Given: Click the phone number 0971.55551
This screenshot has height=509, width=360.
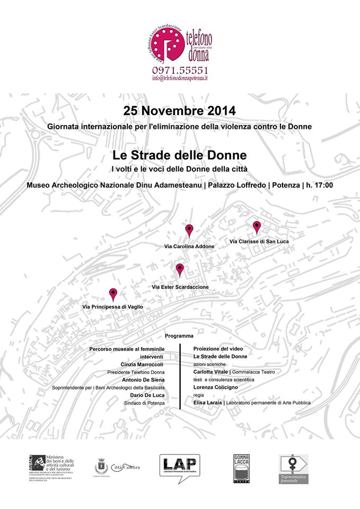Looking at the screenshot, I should (180, 70).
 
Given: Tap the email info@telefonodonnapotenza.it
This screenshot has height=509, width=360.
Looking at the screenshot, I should (180, 78).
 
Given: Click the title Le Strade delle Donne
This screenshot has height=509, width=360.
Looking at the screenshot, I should (179, 156).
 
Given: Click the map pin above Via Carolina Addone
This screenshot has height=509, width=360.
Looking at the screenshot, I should (189, 230).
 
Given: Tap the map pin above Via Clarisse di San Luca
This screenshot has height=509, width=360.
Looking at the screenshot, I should (257, 227).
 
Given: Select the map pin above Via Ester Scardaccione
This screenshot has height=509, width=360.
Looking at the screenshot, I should (180, 269).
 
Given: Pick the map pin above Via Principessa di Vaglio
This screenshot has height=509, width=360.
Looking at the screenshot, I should (113, 294).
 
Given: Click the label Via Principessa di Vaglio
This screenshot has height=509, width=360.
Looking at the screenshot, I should (112, 307).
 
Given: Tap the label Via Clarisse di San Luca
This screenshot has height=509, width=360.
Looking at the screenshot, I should (259, 241).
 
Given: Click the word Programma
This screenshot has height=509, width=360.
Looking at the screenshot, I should (179, 336).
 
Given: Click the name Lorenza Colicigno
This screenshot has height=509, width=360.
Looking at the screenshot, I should (215, 388).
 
